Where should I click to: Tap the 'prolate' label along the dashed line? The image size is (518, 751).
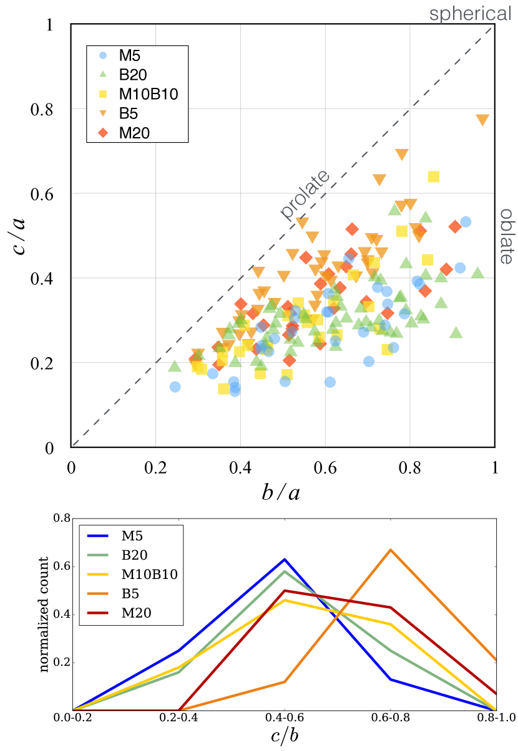tap(305, 196)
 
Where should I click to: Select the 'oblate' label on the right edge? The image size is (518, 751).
tap(507, 236)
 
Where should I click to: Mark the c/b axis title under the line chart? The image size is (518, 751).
tap(284, 735)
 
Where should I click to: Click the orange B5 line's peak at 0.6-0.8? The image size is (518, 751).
tap(390, 550)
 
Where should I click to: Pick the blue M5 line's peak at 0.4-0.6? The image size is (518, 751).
tap(285, 559)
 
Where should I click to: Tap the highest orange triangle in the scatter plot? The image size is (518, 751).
tap(482, 120)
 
